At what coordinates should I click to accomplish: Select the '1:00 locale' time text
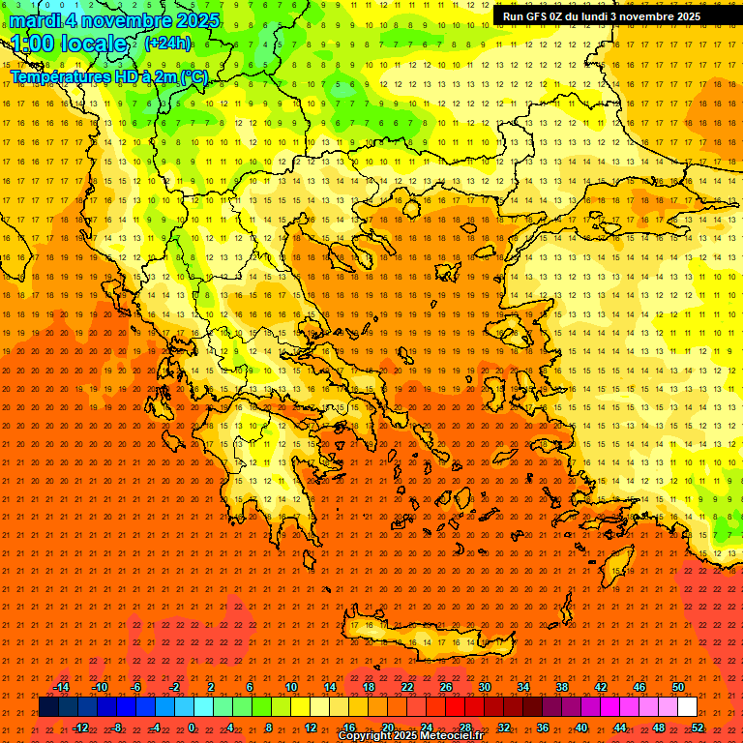(69, 45)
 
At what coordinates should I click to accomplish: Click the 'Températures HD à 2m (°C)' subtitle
(108, 76)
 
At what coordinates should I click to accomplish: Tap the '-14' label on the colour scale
(61, 687)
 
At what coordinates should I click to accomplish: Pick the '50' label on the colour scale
(677, 687)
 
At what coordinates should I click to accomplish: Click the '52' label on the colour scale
(698, 728)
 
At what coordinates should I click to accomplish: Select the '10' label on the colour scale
(290, 687)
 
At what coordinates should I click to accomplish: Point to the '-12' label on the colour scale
(80, 728)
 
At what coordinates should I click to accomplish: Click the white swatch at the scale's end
(687, 707)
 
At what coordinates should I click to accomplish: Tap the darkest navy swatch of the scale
(49, 707)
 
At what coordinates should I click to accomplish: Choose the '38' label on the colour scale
(561, 687)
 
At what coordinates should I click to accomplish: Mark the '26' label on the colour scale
(445, 687)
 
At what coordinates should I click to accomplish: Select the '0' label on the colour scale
(192, 728)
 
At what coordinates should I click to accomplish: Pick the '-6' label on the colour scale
(136, 687)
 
